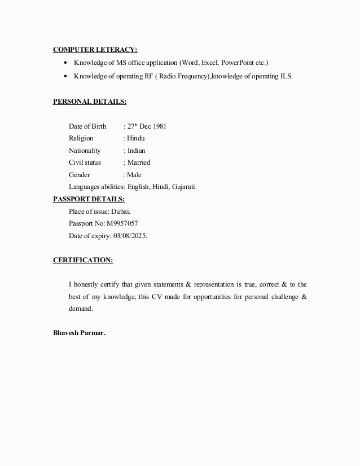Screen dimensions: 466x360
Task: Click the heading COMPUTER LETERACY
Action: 95,49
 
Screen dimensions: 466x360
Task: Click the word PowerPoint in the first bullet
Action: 238,62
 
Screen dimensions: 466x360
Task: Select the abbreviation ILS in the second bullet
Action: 287,76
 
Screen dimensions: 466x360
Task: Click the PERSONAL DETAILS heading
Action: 90,102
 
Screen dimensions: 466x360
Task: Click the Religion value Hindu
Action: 136,138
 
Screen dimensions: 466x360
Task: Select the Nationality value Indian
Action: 136,151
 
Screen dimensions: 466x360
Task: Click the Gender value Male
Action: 134,175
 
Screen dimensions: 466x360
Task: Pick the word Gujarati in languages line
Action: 183,187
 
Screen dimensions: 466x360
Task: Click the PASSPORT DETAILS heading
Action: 89,199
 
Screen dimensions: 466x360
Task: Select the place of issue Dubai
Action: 121,212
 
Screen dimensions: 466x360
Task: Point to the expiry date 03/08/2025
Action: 129,236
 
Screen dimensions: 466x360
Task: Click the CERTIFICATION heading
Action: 83,260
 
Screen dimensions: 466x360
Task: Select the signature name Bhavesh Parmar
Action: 79,333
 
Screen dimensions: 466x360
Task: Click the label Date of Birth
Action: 87,126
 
